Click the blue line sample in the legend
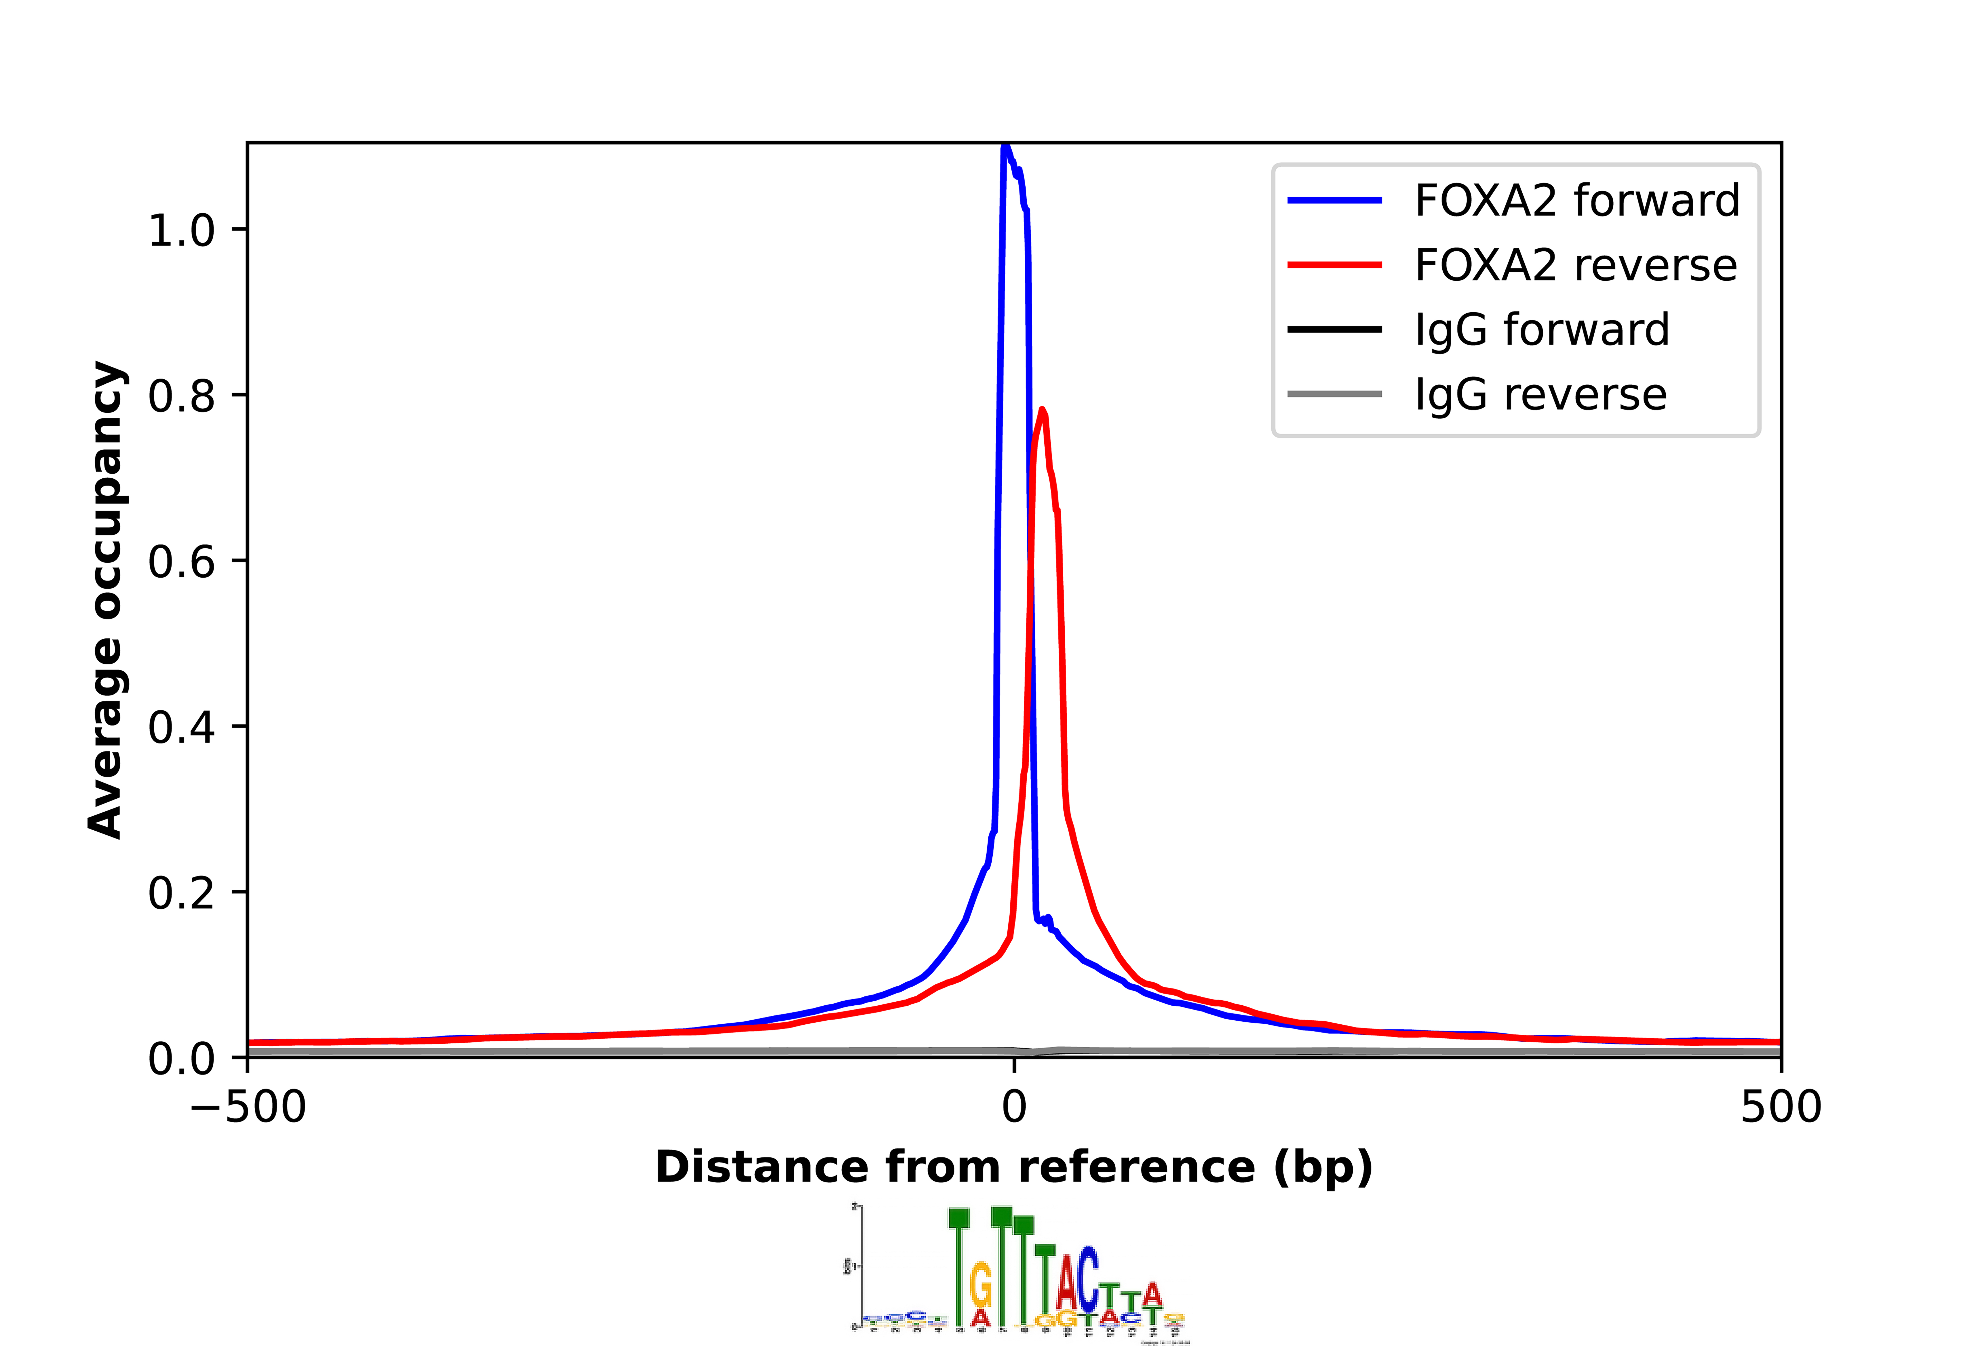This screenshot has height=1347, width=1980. coord(1334,201)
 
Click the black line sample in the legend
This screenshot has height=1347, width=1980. coord(1334,330)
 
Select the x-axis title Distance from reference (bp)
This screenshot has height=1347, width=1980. coord(1014,1167)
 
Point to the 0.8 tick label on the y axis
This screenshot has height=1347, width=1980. coord(182,396)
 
